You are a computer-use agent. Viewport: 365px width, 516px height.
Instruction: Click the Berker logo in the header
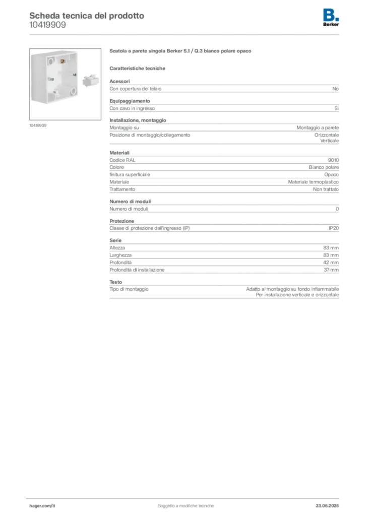click(x=331, y=18)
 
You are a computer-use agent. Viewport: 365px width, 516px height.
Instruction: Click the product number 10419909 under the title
click(x=47, y=25)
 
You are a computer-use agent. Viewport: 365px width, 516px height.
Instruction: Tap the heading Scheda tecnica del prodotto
click(x=87, y=16)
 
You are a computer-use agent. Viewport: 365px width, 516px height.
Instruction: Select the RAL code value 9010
click(x=333, y=160)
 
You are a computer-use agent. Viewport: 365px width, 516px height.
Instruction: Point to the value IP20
click(x=333, y=228)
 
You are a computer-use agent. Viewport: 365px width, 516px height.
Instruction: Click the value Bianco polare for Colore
click(x=324, y=167)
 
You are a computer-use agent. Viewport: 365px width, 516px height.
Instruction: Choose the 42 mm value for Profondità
click(x=331, y=262)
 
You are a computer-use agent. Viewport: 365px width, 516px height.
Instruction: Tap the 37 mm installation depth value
click(x=331, y=270)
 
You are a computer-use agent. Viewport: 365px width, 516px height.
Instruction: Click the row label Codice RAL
click(x=123, y=160)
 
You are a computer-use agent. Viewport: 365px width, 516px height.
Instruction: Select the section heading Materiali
click(x=119, y=153)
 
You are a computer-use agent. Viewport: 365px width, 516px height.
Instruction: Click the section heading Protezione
click(x=122, y=221)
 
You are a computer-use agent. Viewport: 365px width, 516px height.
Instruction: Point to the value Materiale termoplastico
click(x=314, y=182)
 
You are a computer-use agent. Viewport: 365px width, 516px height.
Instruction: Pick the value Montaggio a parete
click(x=318, y=127)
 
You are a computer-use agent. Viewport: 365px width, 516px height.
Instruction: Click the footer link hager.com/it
click(x=42, y=506)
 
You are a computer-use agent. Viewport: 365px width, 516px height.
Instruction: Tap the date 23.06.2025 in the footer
click(x=327, y=506)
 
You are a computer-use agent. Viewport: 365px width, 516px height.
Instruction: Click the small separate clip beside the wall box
click(x=91, y=80)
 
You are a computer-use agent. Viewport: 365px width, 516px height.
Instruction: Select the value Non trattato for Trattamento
click(x=326, y=189)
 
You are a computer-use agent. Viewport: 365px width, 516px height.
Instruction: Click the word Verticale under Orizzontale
click(x=329, y=141)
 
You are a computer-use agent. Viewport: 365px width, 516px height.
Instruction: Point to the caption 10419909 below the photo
click(x=38, y=125)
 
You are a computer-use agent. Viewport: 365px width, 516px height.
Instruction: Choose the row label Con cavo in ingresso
click(x=132, y=108)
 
